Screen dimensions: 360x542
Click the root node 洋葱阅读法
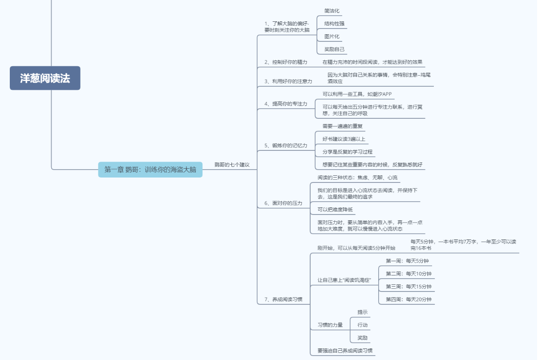45,78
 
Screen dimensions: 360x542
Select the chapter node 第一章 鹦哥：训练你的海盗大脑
150,170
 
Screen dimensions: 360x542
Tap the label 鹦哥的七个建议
232,165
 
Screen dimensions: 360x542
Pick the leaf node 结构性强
334,24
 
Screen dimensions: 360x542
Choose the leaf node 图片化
332,36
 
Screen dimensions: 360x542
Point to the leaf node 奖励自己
334,49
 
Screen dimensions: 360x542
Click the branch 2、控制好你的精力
286,62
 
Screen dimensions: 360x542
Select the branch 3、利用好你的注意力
288,81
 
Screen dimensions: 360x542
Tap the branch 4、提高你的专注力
286,104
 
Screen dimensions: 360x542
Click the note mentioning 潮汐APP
357,94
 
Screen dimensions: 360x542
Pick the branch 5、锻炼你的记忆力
286,146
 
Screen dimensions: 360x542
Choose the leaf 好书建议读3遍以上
344,139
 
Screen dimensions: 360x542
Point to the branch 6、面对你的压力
283,203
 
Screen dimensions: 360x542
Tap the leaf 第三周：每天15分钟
409,287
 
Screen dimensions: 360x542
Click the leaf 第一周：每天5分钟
407,261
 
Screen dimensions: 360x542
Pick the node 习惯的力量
330,325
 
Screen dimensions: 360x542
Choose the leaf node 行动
363,325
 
